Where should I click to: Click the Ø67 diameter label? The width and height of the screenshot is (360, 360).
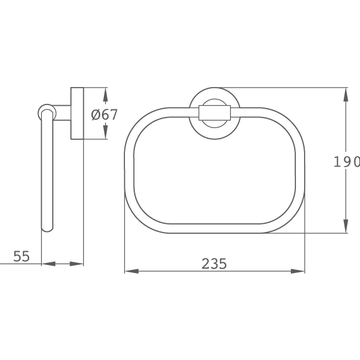pos(104,114)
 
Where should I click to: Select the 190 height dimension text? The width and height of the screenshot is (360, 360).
pos(347,162)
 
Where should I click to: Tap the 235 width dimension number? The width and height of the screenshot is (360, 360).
pos(215,264)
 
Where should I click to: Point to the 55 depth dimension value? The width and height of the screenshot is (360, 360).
pos(22,256)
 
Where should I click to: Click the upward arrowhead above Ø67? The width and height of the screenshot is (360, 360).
pos(105,96)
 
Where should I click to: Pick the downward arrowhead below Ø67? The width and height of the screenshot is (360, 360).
pos(105,131)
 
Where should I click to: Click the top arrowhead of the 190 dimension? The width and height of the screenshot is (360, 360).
pos(346,95)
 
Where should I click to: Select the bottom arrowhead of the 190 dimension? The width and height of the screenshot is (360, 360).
pos(346,226)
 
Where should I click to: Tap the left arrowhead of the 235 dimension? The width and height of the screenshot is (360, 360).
pos(132,271)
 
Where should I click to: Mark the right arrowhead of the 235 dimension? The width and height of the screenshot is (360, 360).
pos(298,271)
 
